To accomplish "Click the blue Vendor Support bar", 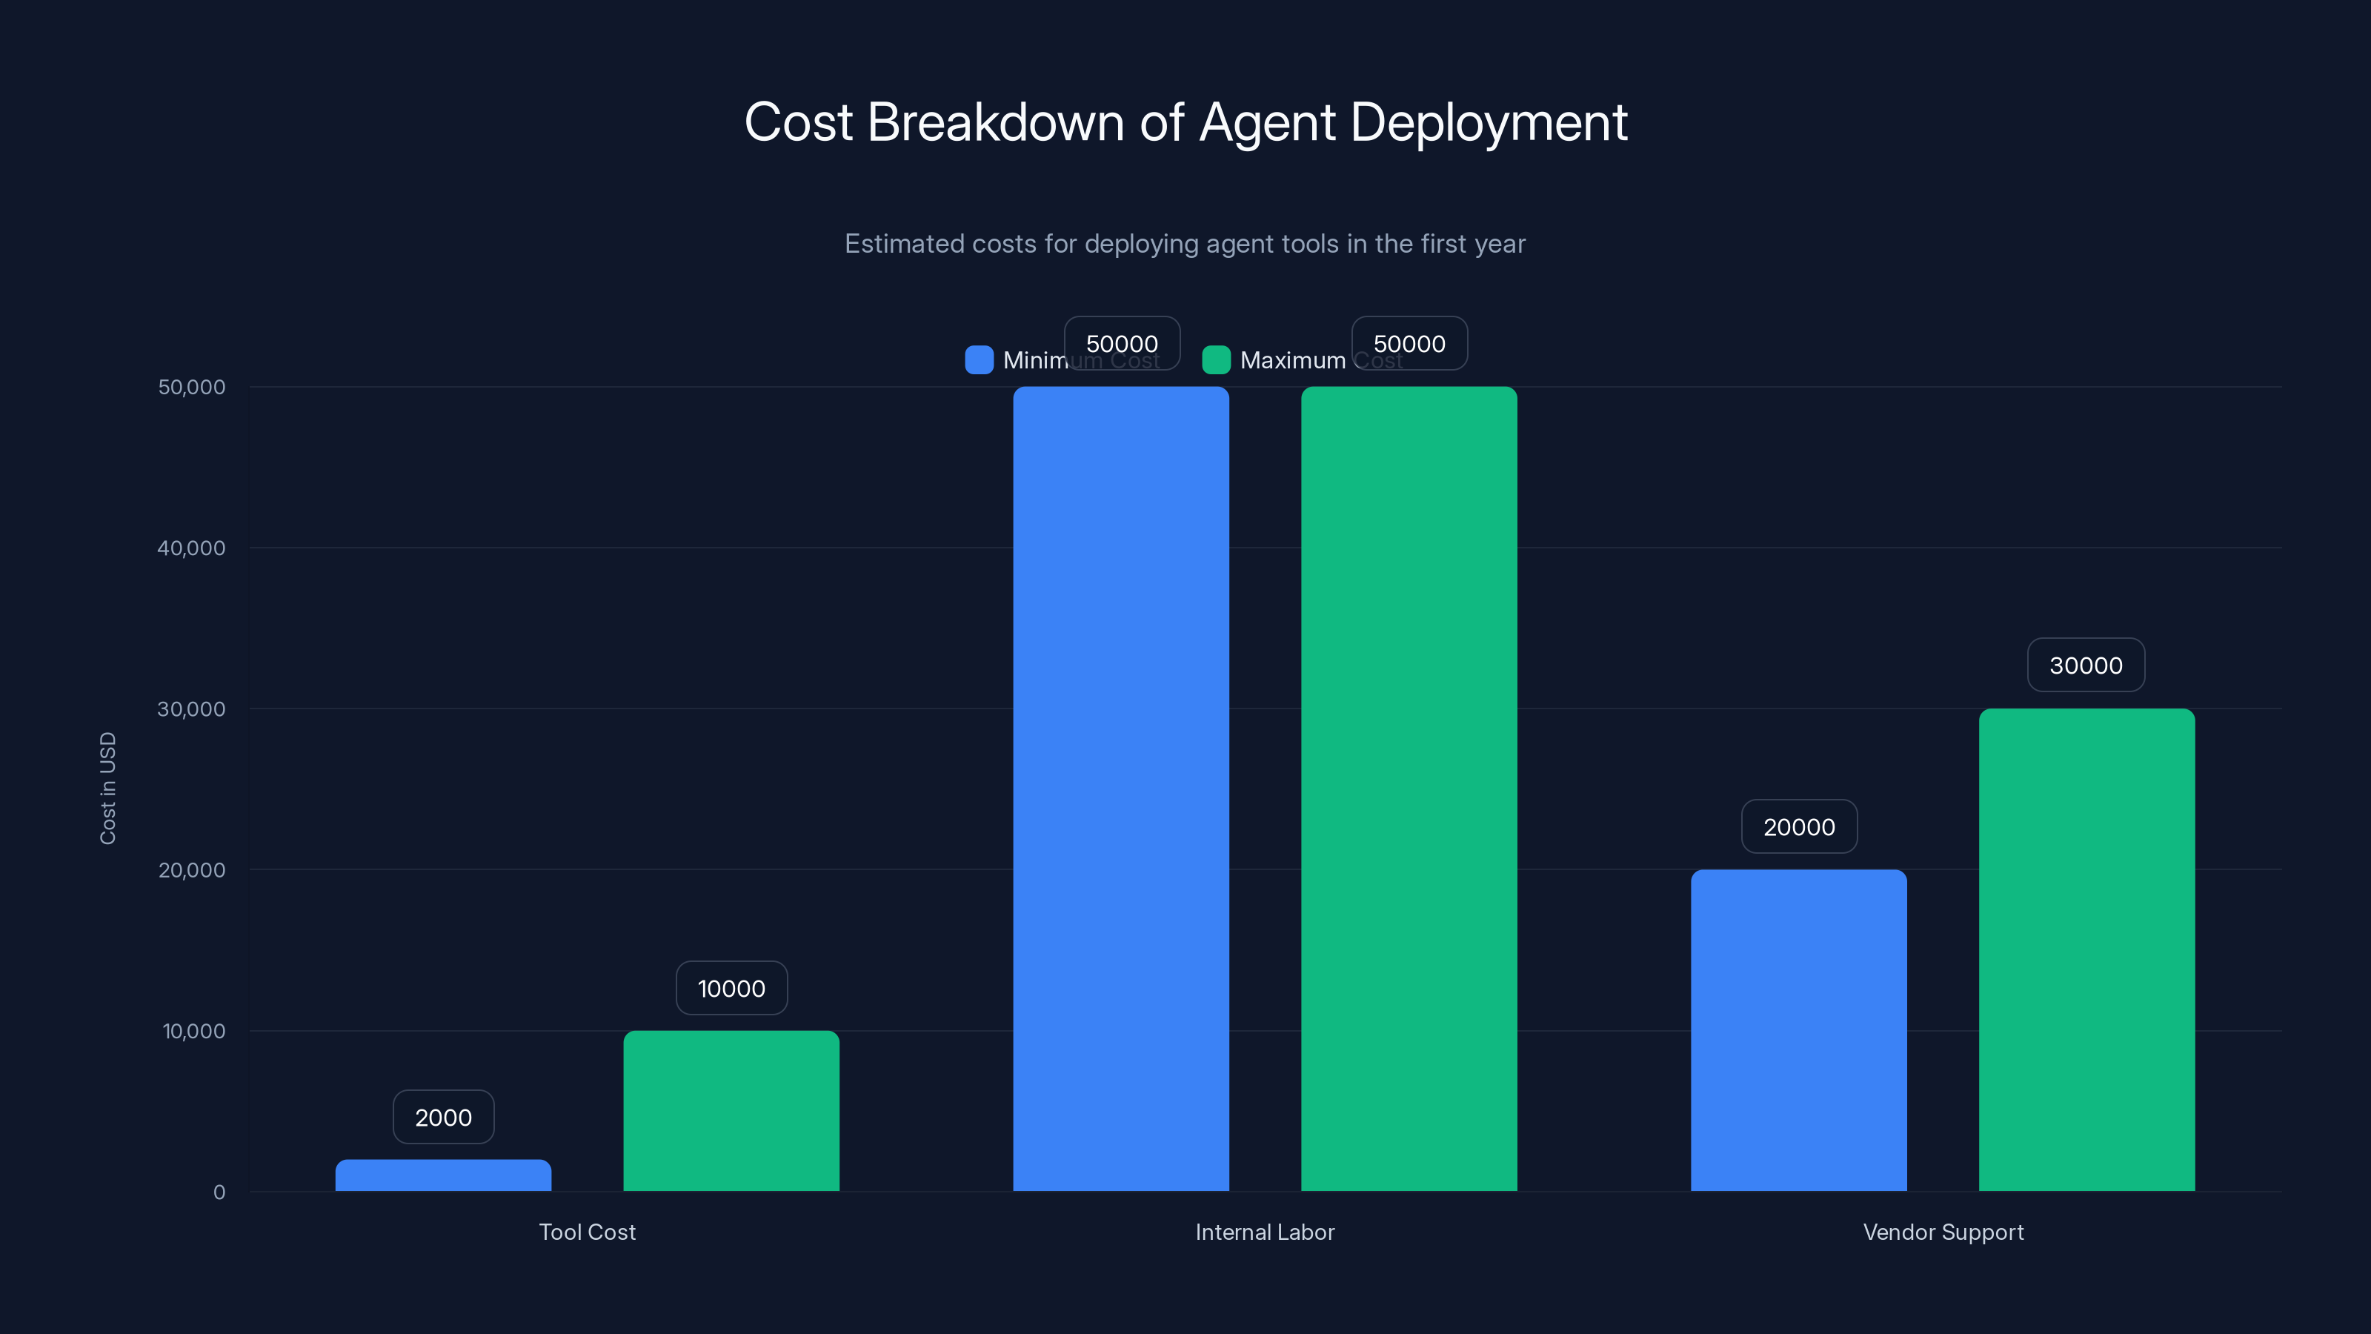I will (x=1798, y=1030).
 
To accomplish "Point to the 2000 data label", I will (x=443, y=1118).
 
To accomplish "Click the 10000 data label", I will (x=731, y=989).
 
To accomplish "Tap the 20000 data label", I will (x=1798, y=827).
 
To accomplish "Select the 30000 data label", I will (x=2086, y=666).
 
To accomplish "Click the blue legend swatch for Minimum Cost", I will (x=978, y=360).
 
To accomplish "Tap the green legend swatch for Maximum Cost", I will (x=1216, y=360).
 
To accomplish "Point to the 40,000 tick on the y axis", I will (x=191, y=548).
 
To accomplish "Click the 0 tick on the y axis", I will (x=219, y=1192).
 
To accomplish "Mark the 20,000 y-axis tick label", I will (x=191, y=870).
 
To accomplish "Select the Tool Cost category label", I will (x=588, y=1232).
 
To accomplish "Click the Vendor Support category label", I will (x=1943, y=1232).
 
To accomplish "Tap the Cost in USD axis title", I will (x=107, y=788).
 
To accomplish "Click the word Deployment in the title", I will (x=1489, y=122).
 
